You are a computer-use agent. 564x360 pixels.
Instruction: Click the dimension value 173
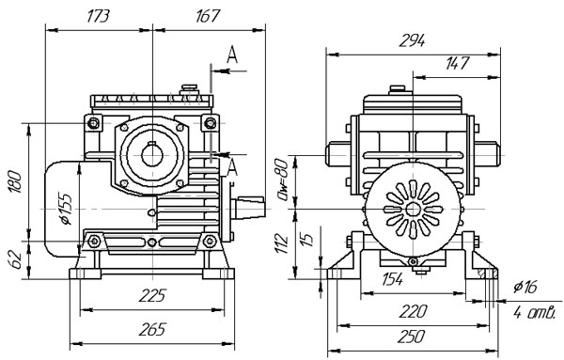98,17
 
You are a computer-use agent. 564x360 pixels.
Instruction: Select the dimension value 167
208,17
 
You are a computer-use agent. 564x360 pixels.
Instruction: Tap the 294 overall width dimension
413,41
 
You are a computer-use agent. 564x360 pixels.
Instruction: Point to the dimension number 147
458,63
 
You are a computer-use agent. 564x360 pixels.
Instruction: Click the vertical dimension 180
16,181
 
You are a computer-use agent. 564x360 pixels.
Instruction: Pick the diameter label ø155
66,210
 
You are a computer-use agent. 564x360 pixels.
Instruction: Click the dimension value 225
152,296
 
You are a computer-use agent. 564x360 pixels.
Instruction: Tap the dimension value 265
152,329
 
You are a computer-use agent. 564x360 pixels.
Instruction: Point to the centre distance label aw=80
281,180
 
